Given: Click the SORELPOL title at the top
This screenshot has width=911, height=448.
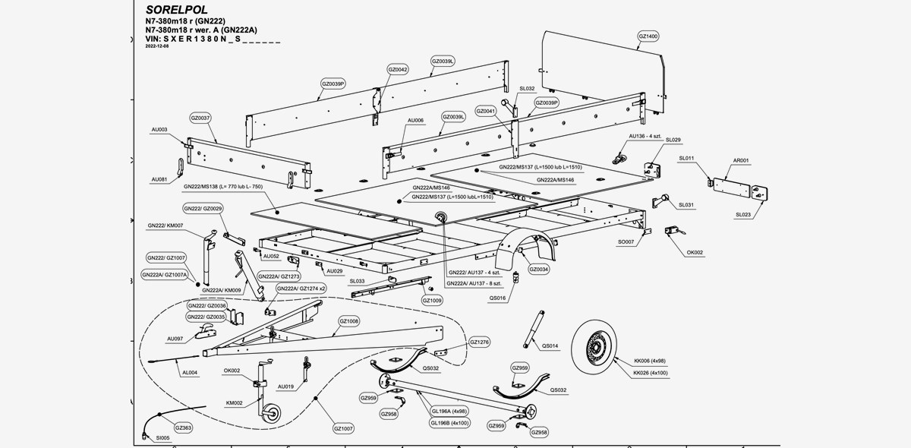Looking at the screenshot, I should tap(176, 9).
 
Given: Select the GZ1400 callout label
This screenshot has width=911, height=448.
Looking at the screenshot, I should tap(648, 36).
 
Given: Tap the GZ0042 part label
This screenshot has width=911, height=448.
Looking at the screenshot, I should tap(398, 69).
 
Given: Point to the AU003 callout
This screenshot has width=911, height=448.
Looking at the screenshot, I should tap(159, 130).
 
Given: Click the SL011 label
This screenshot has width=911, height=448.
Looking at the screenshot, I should tap(687, 158).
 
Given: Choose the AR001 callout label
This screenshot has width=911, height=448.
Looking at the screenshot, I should tap(741, 160).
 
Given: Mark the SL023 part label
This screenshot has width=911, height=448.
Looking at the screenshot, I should tap(743, 214).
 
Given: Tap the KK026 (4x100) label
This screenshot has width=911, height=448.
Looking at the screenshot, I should tap(651, 373).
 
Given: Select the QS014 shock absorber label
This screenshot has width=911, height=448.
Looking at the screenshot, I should tap(550, 346).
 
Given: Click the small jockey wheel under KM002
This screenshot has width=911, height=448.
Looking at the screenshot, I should tap(270, 413).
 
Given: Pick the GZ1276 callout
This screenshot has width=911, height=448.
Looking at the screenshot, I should tap(480, 342).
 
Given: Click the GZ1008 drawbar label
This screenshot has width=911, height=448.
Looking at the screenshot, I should tap(349, 321).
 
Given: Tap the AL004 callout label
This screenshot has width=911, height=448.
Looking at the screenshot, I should tap(189, 373).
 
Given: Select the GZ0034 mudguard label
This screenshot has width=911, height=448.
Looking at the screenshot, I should tap(539, 269).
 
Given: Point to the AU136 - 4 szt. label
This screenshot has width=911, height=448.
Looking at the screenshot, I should tap(645, 137).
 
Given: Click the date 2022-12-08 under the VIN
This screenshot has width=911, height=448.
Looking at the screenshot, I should tap(157, 46).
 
